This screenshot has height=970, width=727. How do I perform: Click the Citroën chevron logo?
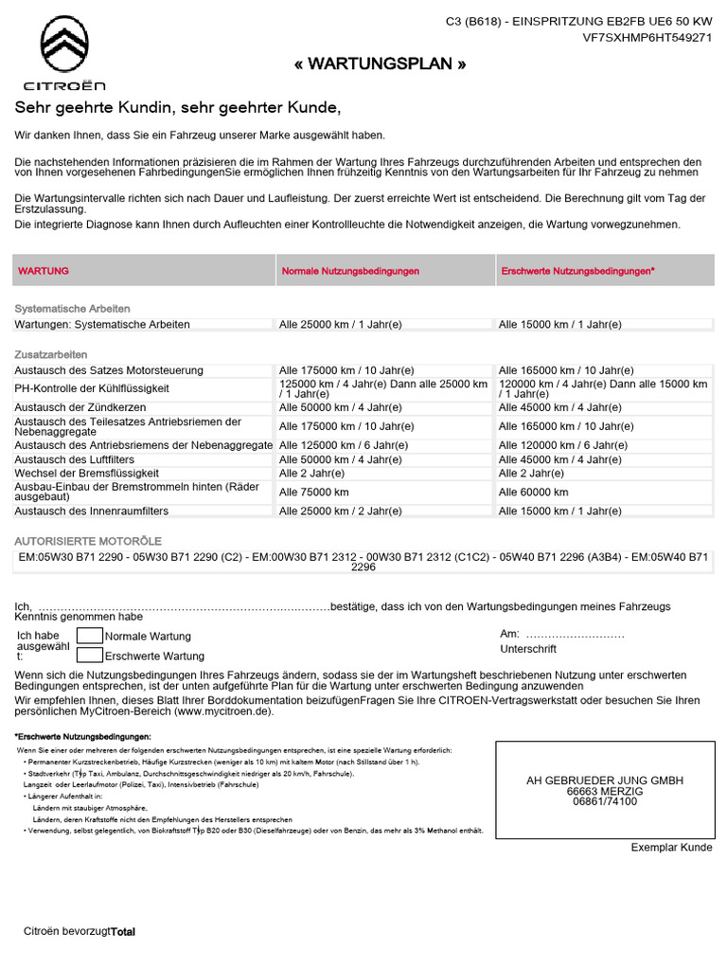[64, 47]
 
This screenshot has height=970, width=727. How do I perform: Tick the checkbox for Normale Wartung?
[89, 636]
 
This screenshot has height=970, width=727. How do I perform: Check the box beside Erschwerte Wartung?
[89, 655]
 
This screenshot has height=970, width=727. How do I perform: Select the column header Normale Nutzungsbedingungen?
[350, 271]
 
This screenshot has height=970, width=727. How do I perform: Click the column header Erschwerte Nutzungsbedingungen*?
[576, 271]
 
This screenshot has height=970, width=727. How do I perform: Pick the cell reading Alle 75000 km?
[314, 493]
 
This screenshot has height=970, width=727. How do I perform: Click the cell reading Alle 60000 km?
[534, 493]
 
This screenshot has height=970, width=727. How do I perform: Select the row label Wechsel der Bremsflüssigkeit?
[87, 473]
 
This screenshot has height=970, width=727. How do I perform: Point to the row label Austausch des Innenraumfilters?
[92, 511]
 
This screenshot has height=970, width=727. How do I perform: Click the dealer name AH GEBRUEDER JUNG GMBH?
[605, 781]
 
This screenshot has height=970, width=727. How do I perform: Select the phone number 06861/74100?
[605, 801]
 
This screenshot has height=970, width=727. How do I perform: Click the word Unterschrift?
[528, 649]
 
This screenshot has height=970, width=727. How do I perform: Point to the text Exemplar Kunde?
[671, 848]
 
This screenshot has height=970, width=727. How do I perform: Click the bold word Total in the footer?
[123, 932]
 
